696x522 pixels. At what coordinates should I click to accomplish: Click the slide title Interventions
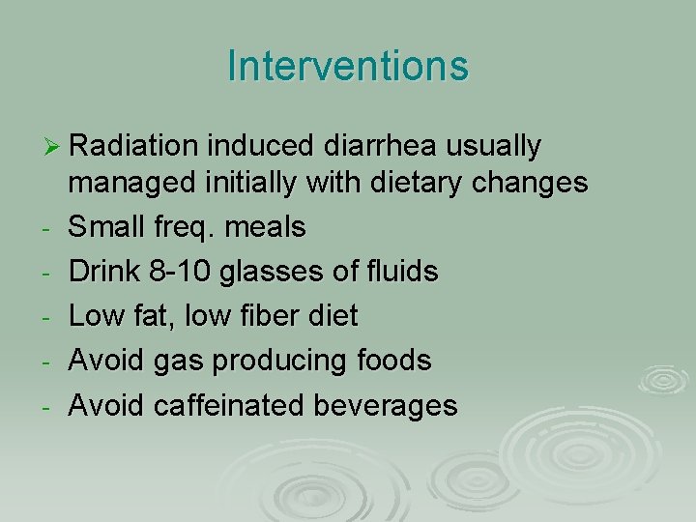click(x=348, y=66)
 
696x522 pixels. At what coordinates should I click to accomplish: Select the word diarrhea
click(x=374, y=146)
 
